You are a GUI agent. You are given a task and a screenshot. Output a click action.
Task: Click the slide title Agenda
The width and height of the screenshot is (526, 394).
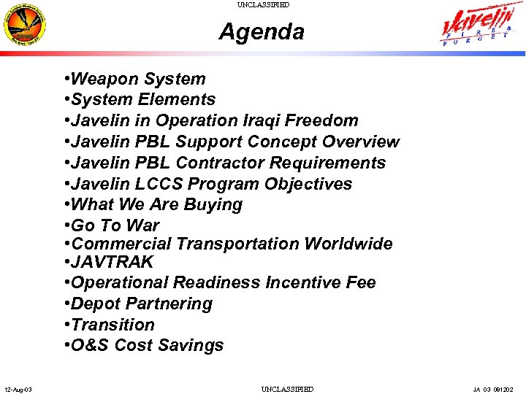tap(262, 32)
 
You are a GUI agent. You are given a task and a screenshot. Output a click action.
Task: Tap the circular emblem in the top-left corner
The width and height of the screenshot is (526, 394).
tap(25, 26)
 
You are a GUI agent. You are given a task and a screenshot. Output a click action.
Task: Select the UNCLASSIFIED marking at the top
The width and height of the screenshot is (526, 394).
tap(263, 5)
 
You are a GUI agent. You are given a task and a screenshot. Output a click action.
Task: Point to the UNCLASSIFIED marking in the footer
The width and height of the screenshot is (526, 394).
tap(287, 390)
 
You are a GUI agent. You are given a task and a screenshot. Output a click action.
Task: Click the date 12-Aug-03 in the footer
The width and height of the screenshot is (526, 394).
tap(17, 390)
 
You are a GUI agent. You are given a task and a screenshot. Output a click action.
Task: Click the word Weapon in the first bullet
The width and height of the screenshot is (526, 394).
tap(105, 79)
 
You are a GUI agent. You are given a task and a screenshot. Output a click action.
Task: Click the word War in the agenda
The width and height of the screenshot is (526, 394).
tap(143, 225)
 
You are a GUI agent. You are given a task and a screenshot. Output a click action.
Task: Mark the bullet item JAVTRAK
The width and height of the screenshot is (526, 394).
tap(113, 262)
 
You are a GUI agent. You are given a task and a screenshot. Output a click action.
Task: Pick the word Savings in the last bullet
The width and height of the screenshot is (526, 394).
tap(193, 345)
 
